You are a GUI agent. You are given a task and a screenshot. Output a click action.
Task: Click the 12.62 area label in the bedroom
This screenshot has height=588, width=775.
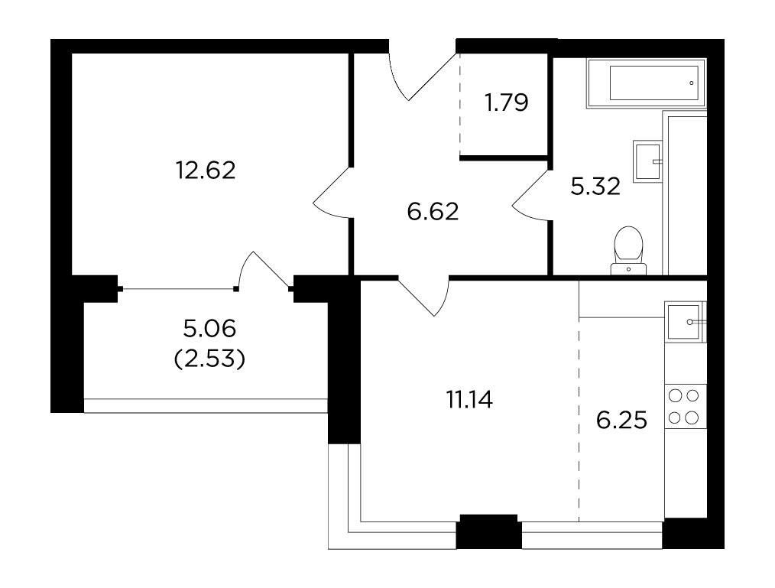point(206,170)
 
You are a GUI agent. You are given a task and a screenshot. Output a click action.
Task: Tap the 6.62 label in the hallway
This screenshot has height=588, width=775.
point(433,212)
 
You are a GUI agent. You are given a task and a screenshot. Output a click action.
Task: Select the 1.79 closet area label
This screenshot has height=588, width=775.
point(507,102)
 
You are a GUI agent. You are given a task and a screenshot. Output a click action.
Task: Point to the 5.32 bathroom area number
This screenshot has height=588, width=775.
point(595,187)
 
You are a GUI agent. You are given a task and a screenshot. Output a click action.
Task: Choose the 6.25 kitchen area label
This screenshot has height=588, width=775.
point(621,421)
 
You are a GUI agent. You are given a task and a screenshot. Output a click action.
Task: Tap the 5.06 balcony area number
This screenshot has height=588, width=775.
point(209,328)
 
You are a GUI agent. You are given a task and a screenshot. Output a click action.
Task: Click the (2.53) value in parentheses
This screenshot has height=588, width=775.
point(209,359)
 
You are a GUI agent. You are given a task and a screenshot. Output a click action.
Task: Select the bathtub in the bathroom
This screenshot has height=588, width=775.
point(647,83)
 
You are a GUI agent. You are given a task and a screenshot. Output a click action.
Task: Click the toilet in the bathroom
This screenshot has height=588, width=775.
point(628,251)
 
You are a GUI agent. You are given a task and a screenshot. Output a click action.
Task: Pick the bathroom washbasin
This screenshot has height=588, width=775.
point(647,161)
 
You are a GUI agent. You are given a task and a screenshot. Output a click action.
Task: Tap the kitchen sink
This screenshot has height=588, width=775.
point(685,322)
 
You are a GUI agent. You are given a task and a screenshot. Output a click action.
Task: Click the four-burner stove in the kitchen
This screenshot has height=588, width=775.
point(685,407)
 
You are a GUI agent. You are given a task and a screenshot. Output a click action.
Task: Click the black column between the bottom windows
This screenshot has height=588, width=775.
point(489,531)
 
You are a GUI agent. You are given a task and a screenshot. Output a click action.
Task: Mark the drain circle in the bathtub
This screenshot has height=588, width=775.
point(692,83)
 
